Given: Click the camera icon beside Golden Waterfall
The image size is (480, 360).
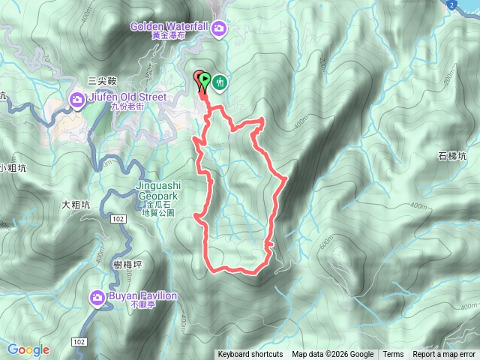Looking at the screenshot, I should [219, 28].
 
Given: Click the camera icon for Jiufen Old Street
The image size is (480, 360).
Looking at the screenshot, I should [78, 100].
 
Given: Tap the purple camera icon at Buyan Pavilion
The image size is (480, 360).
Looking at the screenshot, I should [98, 298].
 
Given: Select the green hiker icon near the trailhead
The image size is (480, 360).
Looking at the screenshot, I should [220, 82].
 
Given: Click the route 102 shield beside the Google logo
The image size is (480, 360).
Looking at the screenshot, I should [79, 341].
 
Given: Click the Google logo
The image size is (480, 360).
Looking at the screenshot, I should [28, 349].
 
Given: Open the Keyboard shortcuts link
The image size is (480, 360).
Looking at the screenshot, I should [250, 355].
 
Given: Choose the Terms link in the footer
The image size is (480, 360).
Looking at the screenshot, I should [393, 355].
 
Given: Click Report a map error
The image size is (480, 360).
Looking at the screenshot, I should [444, 355].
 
